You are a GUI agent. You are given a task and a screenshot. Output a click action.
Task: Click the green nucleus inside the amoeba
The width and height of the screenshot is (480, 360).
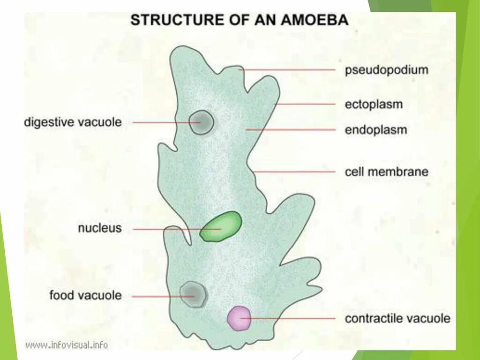click(221, 226)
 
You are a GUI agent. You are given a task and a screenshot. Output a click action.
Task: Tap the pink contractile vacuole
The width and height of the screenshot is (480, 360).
click(239, 318)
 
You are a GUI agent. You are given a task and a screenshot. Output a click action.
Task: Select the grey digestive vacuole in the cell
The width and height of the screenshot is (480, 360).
click(202, 122)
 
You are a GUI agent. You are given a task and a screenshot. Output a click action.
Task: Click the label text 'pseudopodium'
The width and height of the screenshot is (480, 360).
click(387, 70)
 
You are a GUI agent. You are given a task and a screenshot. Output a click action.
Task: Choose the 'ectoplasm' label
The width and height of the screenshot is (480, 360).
click(374, 104)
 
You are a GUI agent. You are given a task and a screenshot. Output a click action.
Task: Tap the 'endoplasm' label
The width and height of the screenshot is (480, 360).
click(375, 129)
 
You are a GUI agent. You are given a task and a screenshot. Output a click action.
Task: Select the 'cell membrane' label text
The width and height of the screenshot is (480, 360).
click(386, 172)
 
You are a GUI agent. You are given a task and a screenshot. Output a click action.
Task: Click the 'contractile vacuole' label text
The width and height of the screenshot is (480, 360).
click(397, 319)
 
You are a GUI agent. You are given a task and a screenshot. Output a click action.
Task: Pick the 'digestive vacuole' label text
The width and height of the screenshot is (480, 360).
click(73, 122)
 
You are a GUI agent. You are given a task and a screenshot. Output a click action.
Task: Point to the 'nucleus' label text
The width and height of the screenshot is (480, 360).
click(100, 229)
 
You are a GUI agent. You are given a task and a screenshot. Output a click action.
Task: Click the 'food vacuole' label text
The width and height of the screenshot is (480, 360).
click(85, 295)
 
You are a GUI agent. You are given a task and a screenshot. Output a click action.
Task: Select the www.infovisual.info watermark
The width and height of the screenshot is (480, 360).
click(67, 345)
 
